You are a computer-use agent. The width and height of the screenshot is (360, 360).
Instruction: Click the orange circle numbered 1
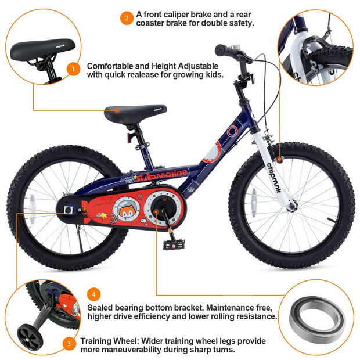pos(73,69)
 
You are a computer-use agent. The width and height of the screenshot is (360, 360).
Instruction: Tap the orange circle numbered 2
pos(127,18)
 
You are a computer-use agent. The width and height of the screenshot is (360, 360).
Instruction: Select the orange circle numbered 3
pos(69,344)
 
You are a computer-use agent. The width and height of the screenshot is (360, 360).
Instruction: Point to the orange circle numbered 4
pos(93,294)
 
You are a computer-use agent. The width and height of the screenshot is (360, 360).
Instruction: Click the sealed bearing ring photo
pos(318,318)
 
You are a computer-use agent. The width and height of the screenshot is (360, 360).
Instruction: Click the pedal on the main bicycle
pos(174,245)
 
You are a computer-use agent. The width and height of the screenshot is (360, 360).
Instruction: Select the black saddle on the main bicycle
pos(135,114)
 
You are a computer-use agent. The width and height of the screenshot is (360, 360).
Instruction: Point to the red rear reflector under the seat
pos(130,137)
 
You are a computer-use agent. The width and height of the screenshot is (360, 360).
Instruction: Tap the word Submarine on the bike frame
pos(161,175)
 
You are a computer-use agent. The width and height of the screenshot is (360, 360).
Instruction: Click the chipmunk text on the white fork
pos(274,178)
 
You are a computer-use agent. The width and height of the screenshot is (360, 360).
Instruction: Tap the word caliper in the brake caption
pos(172,15)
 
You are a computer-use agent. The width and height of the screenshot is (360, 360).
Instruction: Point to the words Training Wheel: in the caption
pos(110,341)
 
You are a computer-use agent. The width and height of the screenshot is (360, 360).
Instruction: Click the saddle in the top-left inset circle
pos(43,49)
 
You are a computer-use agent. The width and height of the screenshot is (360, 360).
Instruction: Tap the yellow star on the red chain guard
pos(103,215)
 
